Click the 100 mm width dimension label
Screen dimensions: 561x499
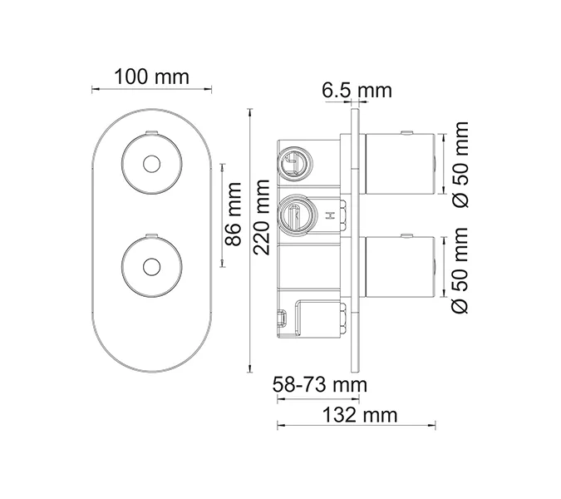(151, 77)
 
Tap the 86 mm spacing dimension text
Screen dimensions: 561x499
(234, 215)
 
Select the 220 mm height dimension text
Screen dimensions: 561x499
(262, 217)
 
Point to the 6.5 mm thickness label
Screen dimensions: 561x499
(357, 90)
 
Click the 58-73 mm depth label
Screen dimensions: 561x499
(320, 385)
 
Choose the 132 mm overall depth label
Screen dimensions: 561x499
(360, 415)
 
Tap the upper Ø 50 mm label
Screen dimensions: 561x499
(460, 165)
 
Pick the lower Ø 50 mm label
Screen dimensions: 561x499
(460, 270)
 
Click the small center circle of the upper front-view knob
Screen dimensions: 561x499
(152, 164)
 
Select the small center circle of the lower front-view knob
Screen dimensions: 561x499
(152, 267)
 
